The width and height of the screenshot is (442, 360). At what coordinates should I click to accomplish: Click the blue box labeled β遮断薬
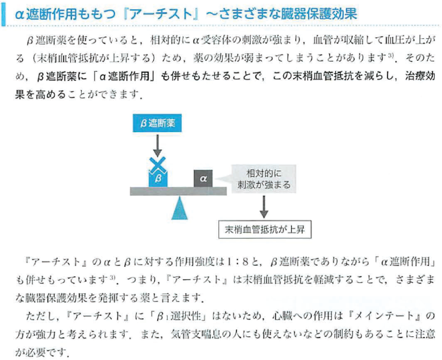pyautogui.click(x=157, y=123)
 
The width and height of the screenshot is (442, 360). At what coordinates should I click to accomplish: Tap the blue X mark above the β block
pyautogui.click(x=158, y=165)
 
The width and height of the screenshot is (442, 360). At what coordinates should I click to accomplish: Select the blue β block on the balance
pyautogui.click(x=158, y=179)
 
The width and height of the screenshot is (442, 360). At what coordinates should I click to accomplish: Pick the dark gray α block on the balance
pyautogui.click(x=203, y=179)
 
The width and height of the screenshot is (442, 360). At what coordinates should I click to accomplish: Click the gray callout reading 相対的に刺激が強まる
pyautogui.click(x=263, y=179)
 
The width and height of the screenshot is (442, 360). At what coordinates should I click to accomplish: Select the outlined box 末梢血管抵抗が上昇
pyautogui.click(x=265, y=230)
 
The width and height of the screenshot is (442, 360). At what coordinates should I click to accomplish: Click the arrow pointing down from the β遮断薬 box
pyautogui.click(x=157, y=146)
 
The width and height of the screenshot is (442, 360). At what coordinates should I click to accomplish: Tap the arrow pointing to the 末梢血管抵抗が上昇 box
pyautogui.click(x=263, y=207)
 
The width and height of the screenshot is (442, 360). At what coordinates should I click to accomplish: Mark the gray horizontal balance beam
pyautogui.click(x=178, y=191)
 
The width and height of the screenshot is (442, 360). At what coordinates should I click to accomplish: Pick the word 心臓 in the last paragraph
pyautogui.click(x=282, y=316)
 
